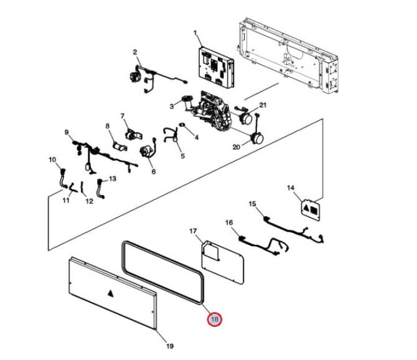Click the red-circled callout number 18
click(x=214, y=319)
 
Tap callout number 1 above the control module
click(x=195, y=33)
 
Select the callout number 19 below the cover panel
click(x=170, y=346)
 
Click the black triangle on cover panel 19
click(x=110, y=293)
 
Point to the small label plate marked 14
click(x=311, y=210)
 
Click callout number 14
click(x=291, y=188)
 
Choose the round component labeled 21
click(x=246, y=119)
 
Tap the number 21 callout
click(x=263, y=105)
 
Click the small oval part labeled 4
click(x=182, y=125)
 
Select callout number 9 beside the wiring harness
click(x=67, y=132)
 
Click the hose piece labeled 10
click(x=63, y=179)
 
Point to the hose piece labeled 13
click(x=101, y=189)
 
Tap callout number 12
click(x=90, y=201)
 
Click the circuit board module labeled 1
click(x=216, y=67)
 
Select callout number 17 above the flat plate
click(x=193, y=231)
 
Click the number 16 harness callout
click(x=229, y=222)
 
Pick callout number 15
click(x=252, y=204)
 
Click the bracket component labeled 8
click(x=120, y=146)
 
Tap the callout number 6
click(x=154, y=172)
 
